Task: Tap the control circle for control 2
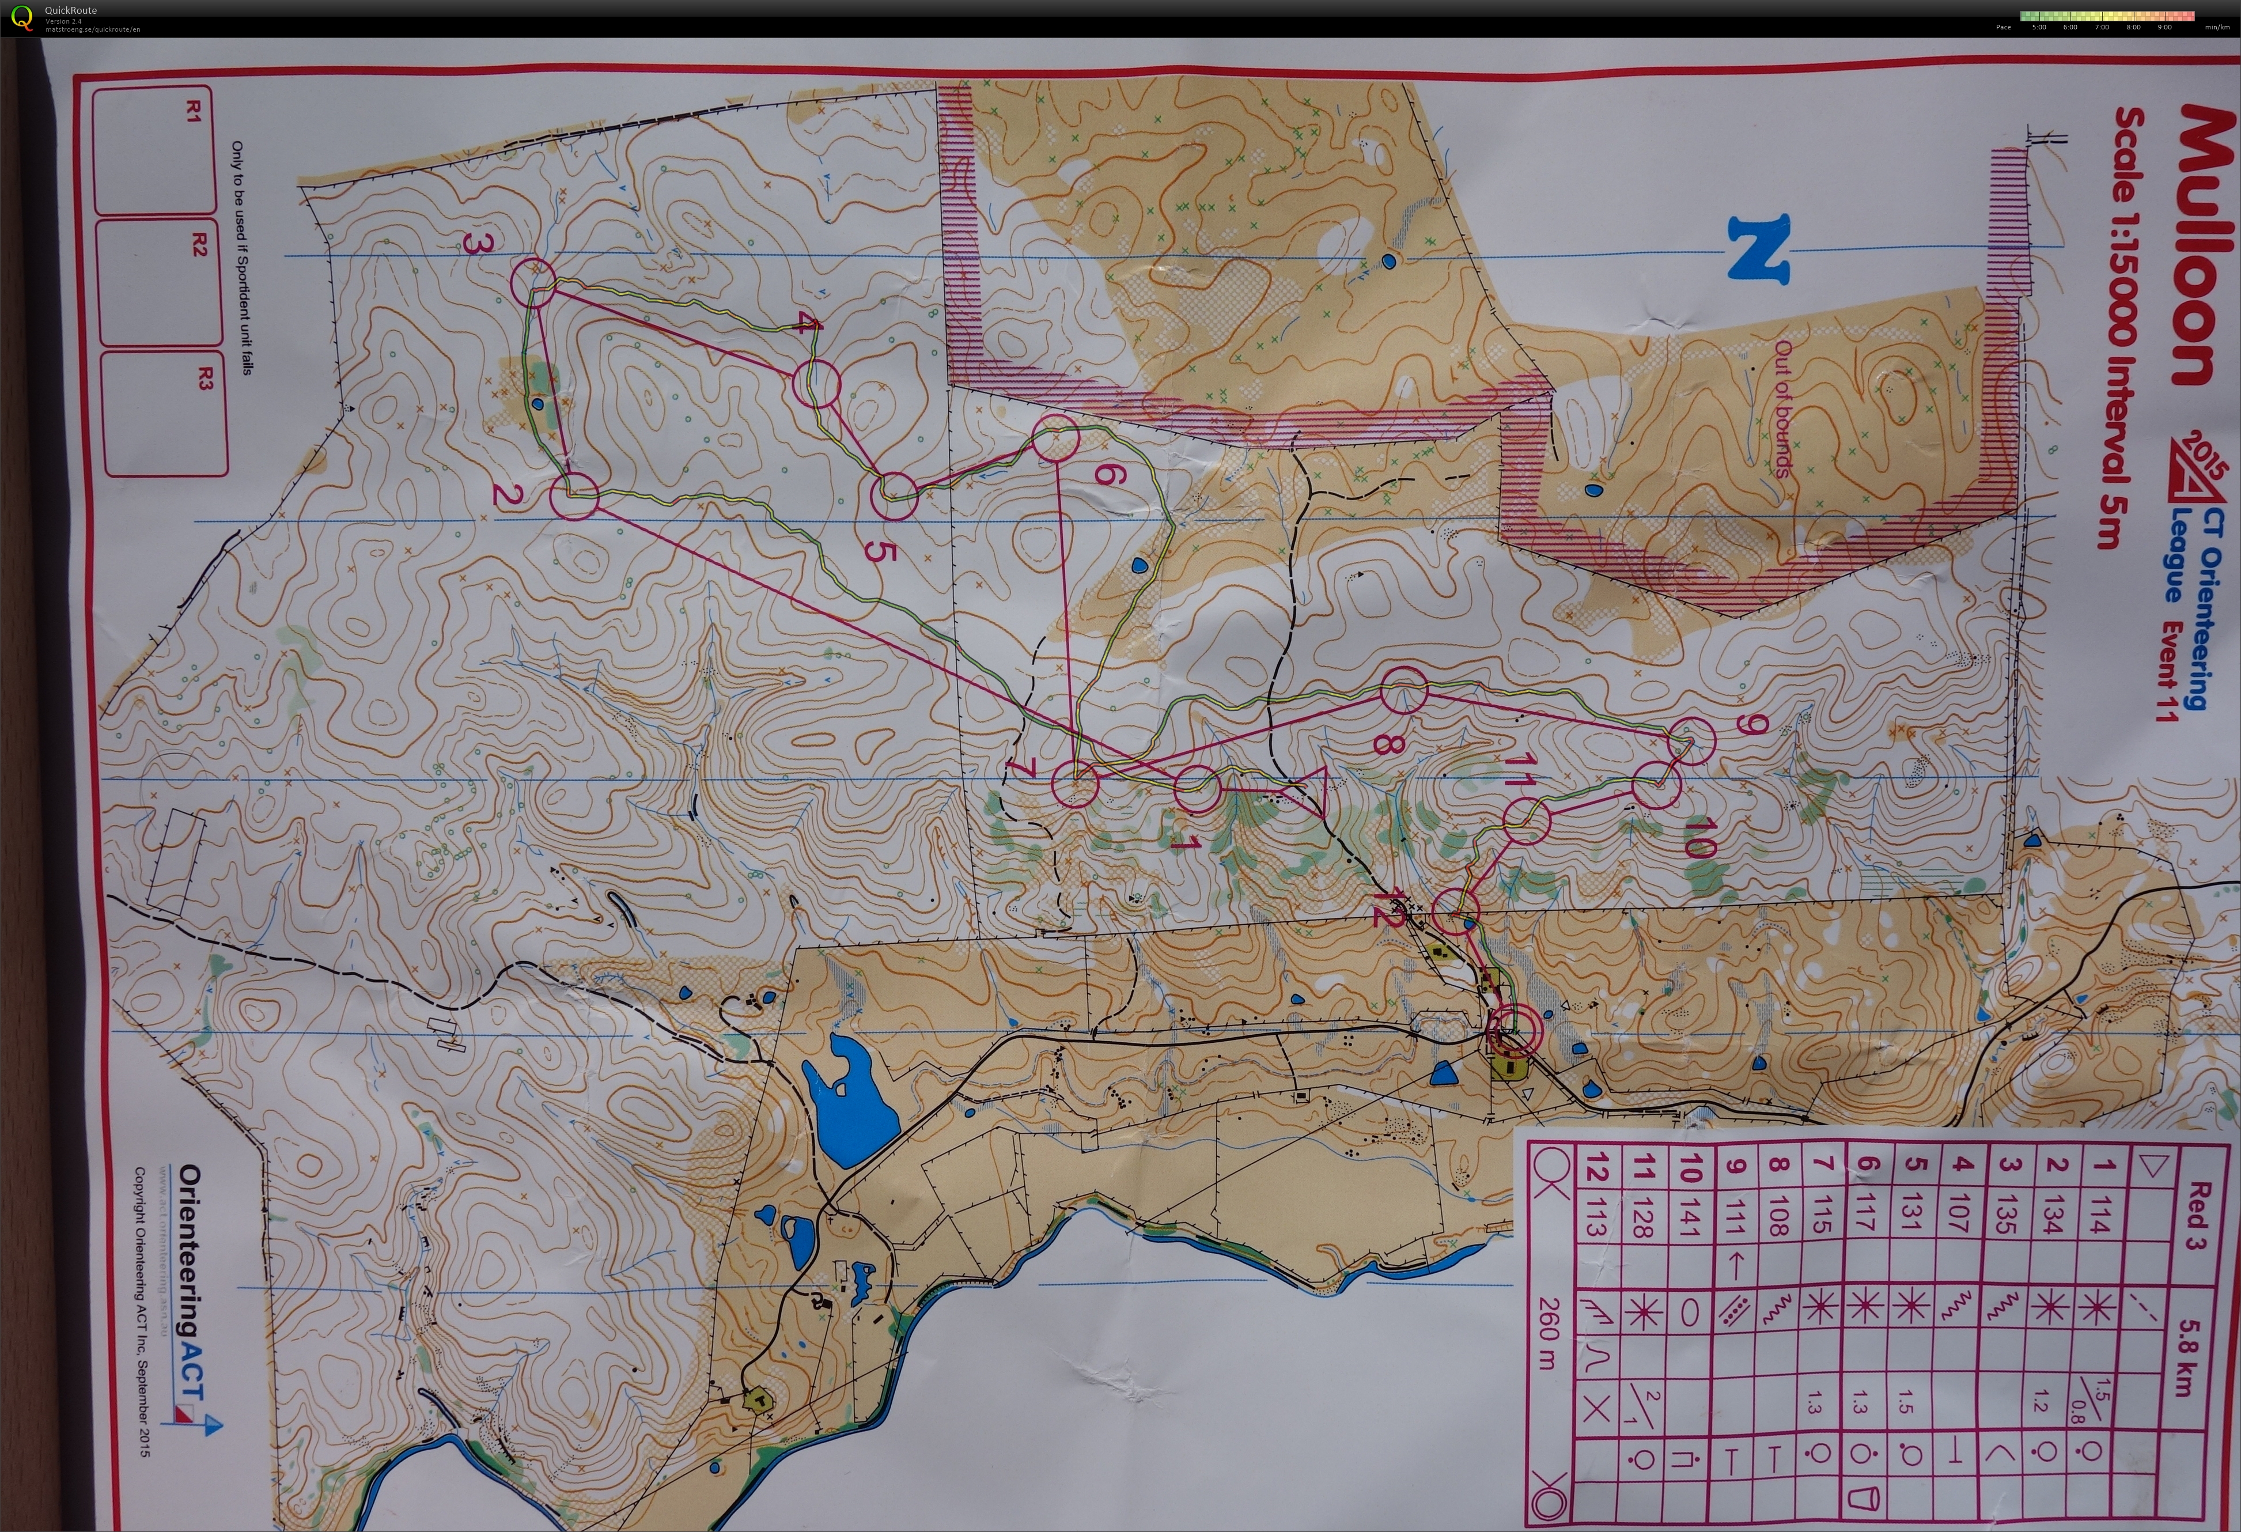[575, 497]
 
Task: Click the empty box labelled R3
[164, 415]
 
